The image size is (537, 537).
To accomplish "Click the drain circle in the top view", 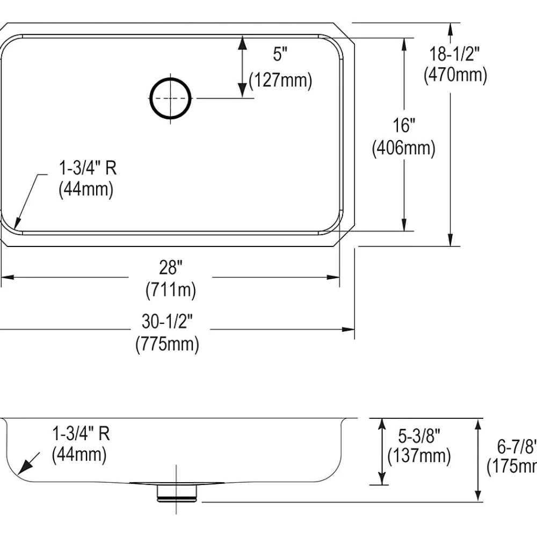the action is [170, 99].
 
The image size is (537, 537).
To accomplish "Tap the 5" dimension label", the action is [280, 54].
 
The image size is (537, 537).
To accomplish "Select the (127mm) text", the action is [280, 81].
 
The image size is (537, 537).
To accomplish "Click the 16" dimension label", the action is [404, 125].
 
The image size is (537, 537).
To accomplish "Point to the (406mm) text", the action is [404, 148].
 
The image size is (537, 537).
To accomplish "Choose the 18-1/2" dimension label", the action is [454, 54].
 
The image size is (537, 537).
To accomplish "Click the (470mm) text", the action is [455, 75].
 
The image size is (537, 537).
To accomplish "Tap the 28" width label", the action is [171, 267].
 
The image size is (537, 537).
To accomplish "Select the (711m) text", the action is [171, 291].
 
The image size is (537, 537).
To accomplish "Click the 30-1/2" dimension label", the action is [167, 321].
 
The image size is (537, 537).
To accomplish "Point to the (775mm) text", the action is [167, 344].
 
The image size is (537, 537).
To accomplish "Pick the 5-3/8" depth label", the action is [419, 436].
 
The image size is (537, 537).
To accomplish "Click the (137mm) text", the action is [419, 456].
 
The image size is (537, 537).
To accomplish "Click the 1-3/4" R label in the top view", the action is [88, 168].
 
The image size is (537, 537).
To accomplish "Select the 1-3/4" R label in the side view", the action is [81, 433].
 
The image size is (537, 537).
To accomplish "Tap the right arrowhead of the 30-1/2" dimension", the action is [349, 330].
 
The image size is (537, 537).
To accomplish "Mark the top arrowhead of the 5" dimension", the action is [242, 43].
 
